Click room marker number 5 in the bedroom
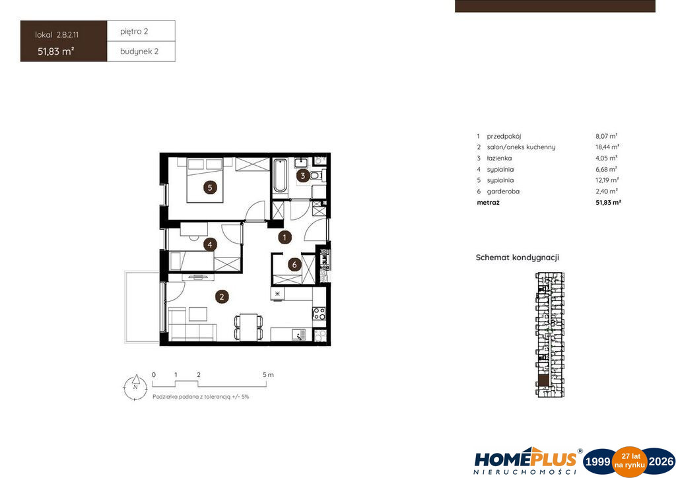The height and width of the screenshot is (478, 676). [210, 187]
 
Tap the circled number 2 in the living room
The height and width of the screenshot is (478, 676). [222, 296]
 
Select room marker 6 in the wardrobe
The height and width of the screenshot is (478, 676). [294, 264]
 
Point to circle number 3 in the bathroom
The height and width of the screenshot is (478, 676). [302, 176]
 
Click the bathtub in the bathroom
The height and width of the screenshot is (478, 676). [280, 176]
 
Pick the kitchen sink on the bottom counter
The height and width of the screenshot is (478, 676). [298, 335]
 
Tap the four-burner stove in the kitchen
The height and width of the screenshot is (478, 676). [319, 314]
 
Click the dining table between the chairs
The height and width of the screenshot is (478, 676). [248, 327]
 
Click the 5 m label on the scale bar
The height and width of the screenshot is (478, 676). [268, 374]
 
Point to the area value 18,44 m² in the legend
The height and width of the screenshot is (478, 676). [607, 147]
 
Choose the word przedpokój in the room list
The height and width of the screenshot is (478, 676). [504, 136]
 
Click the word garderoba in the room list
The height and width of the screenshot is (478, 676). [503, 191]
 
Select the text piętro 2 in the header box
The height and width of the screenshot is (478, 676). [134, 32]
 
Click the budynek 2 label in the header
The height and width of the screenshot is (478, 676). [139, 51]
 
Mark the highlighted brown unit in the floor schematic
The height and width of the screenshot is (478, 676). [543, 380]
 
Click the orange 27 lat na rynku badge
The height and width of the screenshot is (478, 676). [629, 461]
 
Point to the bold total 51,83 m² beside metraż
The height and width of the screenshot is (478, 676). [608, 202]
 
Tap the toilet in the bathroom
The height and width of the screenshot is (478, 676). [316, 176]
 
